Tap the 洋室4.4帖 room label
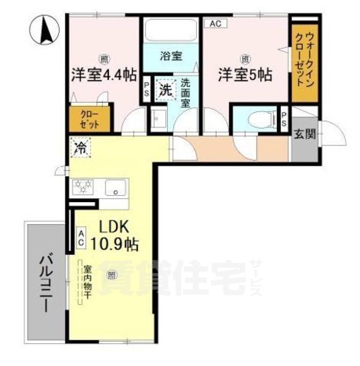click(104, 75)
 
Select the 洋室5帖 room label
click(244, 75)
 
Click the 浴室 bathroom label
click(169, 56)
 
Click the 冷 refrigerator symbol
click(80, 148)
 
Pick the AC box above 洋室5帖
click(215, 24)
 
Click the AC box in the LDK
click(81, 238)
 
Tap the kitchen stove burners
click(82, 187)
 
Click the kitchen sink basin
click(116, 187)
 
